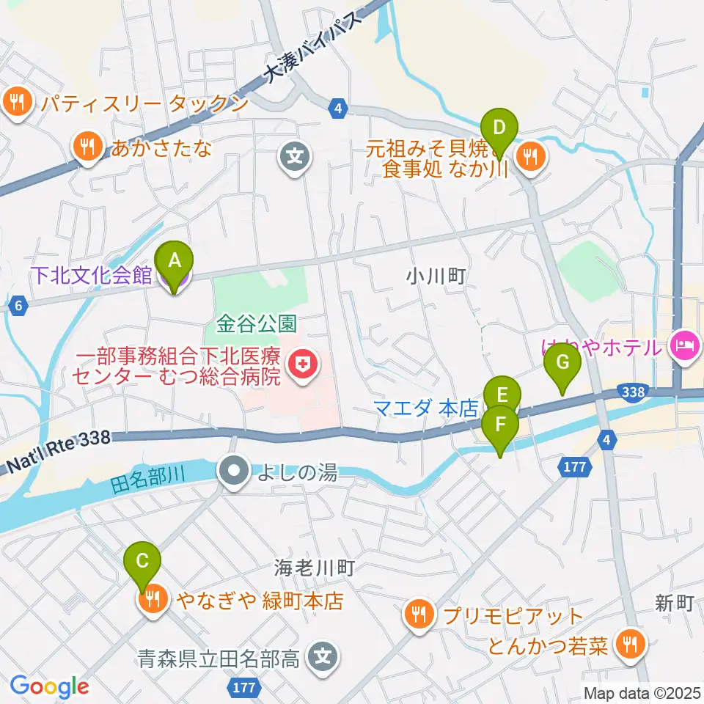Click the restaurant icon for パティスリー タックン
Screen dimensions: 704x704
click(18, 103)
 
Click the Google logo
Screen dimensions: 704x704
click(48, 686)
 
